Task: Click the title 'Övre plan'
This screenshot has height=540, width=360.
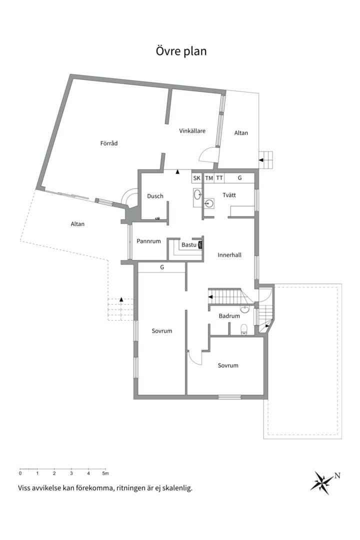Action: point(180,51)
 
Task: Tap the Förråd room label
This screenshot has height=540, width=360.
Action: point(108,143)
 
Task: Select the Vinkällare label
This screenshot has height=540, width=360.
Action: point(192,131)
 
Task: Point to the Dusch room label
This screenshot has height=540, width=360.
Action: point(155,196)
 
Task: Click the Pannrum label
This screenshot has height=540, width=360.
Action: point(148,241)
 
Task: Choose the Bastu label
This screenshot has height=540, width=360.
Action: point(188,245)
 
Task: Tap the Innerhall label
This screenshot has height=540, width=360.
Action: point(229,255)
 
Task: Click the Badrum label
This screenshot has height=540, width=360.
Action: point(229,316)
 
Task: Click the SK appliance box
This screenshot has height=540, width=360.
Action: point(196,178)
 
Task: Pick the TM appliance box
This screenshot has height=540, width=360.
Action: point(209,178)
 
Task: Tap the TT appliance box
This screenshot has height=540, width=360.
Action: point(219,178)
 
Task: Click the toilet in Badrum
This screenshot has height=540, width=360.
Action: point(244,328)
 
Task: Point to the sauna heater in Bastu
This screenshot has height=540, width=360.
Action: point(200,245)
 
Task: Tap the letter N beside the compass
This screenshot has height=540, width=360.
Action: point(337,475)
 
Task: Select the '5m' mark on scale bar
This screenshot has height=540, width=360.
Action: point(105,473)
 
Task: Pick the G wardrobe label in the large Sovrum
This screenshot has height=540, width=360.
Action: point(162,268)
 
